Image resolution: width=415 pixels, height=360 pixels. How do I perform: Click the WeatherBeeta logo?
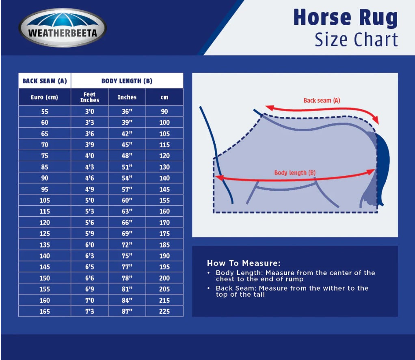coord(63,28)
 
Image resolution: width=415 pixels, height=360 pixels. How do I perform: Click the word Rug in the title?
coord(378,18)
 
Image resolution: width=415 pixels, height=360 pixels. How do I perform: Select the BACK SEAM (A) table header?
coord(45,81)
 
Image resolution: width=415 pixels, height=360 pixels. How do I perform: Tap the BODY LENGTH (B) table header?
coord(127,81)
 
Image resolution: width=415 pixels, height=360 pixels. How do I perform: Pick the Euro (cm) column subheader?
coord(45,97)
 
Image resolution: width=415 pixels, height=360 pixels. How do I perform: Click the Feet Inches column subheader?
coord(90,97)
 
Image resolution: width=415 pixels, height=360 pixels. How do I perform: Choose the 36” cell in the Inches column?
coord(127,111)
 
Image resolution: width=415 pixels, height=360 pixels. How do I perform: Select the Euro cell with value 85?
coord(45,167)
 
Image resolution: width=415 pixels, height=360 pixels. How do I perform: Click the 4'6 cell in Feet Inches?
coord(90,178)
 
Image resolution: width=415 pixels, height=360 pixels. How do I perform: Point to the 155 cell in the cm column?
coord(164,200)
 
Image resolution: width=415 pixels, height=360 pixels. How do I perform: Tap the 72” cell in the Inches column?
coord(127,245)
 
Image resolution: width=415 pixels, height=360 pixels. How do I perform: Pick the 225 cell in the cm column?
coord(164,311)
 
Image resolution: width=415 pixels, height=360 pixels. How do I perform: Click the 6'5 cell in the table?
coord(90,267)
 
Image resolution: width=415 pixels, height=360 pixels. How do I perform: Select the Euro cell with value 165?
coord(45,311)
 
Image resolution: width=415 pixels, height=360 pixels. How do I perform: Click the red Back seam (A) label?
coord(322,101)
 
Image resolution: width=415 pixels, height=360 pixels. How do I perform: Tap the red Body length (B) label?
coord(295,173)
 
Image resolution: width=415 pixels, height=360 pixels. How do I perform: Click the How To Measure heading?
coord(244,263)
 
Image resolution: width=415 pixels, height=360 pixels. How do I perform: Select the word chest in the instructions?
coord(225,279)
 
